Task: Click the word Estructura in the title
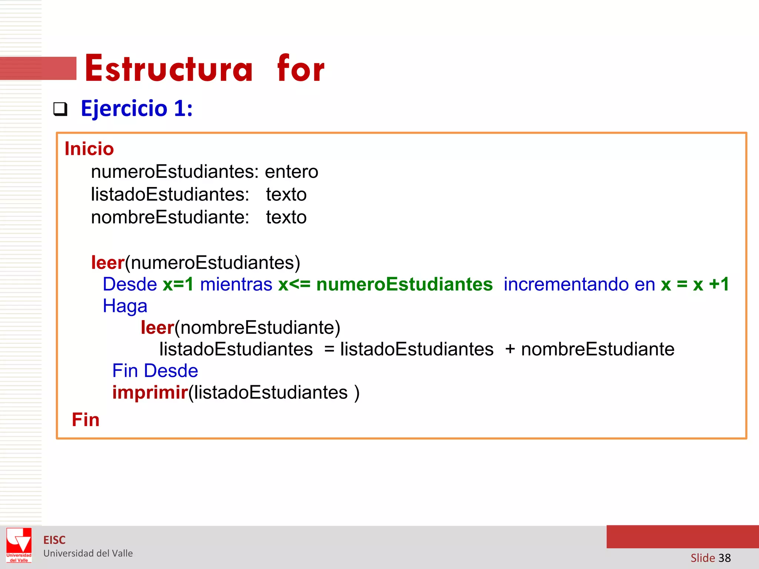169,69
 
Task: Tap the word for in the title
301,69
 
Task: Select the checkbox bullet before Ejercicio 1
60,109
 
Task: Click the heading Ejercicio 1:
137,109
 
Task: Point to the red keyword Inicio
89,149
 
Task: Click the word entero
291,172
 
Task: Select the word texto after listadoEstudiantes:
286,194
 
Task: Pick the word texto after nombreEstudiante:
286,217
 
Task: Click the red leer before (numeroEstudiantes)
107,263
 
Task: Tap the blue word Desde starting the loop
130,284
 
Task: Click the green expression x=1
178,284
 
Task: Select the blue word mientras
236,284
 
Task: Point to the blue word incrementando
566,284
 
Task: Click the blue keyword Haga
125,306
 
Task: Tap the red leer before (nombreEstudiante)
157,328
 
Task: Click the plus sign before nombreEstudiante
510,349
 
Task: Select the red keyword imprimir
150,393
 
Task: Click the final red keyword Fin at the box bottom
86,420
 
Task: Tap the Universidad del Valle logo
19,545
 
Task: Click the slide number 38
725,558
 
